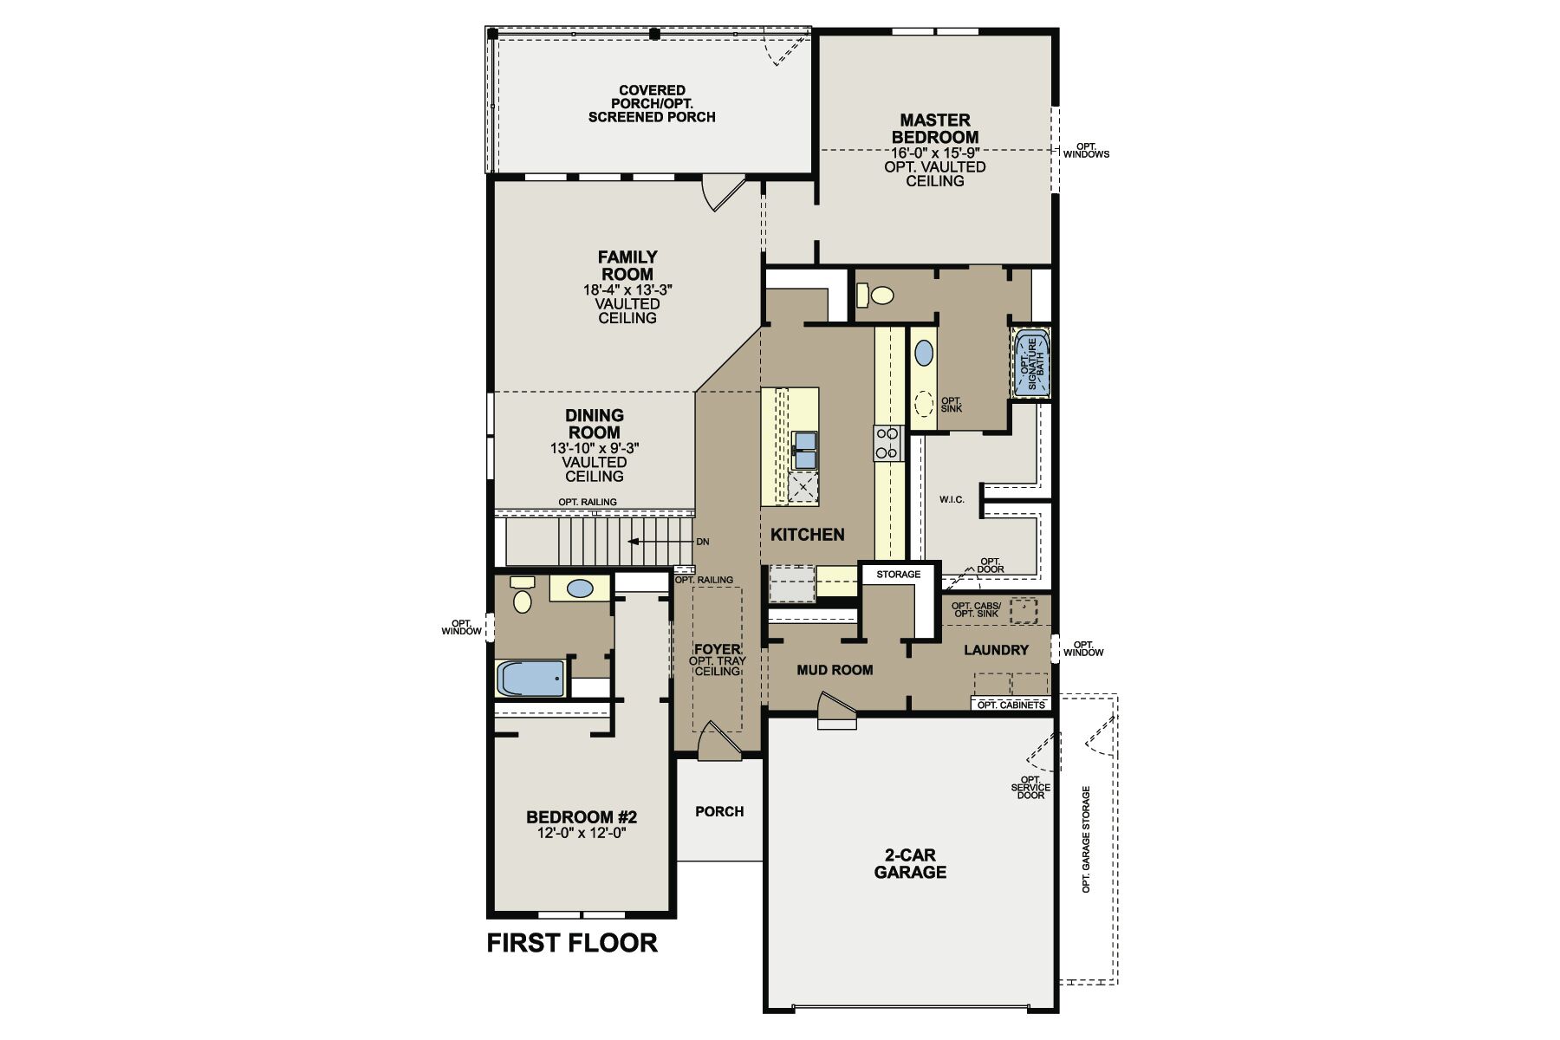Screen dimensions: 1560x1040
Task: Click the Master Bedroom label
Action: click(x=935, y=128)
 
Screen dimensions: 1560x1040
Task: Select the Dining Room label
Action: click(x=595, y=424)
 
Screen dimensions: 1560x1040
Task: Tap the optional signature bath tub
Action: click(x=1031, y=362)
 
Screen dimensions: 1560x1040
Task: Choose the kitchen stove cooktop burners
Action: click(x=887, y=442)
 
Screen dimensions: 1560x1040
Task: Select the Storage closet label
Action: click(x=898, y=575)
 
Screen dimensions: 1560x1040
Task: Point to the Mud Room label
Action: click(x=835, y=670)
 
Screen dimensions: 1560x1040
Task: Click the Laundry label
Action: click(x=996, y=650)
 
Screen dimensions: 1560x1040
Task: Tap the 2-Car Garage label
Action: click(x=910, y=863)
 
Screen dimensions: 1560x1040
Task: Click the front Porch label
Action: click(x=719, y=811)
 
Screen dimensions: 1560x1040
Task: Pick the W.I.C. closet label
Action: click(x=952, y=500)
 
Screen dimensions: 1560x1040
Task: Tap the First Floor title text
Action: click(x=572, y=943)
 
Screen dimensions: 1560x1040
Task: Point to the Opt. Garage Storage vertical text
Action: click(x=1086, y=840)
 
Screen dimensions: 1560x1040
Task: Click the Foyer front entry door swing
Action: click(x=718, y=739)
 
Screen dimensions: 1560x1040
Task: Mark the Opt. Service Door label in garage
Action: click(x=1030, y=787)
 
